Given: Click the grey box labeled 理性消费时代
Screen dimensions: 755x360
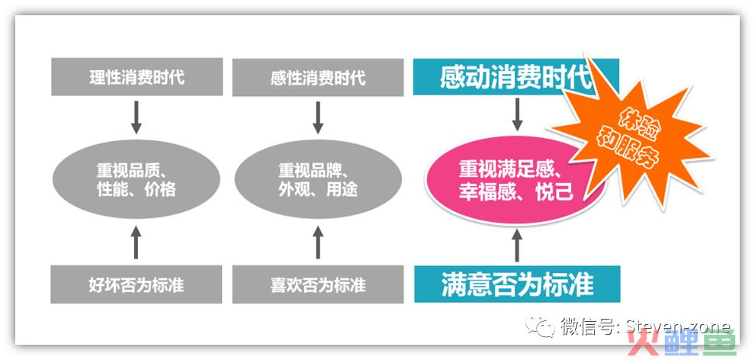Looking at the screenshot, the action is [137, 77].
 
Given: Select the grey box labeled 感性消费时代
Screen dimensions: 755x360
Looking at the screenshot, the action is [318, 78].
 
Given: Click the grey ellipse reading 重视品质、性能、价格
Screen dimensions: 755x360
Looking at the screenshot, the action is [137, 179].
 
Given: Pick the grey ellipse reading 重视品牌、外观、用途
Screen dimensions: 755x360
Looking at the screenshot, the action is [318, 179].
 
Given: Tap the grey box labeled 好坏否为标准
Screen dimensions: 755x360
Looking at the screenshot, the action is [137, 284].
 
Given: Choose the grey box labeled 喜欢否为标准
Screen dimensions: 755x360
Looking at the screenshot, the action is [318, 284].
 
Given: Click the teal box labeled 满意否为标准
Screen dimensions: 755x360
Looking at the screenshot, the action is [517, 284].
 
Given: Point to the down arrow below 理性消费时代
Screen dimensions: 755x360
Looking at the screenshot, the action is [137, 117].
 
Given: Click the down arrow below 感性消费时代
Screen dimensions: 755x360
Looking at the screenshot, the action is [318, 117].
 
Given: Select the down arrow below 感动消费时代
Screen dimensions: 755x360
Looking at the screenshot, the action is [517, 114].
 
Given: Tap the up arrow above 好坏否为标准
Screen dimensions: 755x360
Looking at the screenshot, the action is [137, 242].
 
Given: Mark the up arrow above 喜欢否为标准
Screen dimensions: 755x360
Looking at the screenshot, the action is [318, 242].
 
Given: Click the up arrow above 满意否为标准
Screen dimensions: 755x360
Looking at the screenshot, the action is [517, 246].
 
